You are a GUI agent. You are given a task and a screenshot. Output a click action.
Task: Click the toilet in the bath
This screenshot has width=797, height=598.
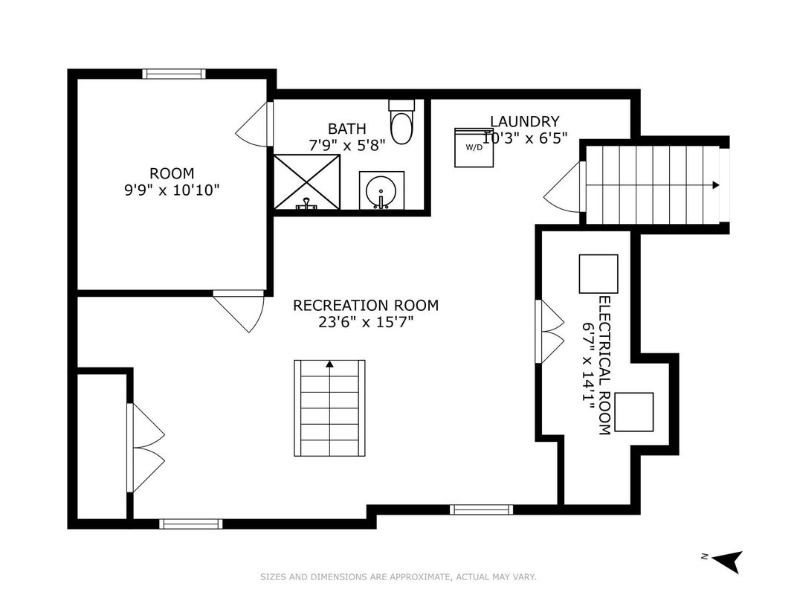(401, 125)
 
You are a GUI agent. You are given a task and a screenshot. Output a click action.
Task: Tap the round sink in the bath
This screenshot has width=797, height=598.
(381, 191)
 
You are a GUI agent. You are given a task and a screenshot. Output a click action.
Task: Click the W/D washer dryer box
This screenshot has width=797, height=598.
(474, 147)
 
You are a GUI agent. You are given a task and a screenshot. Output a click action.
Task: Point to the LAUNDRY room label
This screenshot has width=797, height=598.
(524, 121)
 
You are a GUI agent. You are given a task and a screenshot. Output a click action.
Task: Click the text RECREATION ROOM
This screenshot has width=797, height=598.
(365, 305)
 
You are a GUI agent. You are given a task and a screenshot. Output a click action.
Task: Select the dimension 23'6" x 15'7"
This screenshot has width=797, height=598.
(365, 322)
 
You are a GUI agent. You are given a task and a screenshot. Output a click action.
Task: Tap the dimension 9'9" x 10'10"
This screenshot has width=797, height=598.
(172, 190)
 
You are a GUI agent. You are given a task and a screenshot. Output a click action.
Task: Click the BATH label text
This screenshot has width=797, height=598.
(347, 129)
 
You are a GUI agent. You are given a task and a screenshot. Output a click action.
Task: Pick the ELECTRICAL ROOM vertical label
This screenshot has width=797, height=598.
(604, 365)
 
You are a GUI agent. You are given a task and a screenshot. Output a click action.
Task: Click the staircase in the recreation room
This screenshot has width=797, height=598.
(329, 408)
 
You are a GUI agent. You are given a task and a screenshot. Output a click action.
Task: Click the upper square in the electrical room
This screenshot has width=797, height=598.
(598, 274)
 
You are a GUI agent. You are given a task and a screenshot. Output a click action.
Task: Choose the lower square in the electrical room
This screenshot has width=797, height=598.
(633, 411)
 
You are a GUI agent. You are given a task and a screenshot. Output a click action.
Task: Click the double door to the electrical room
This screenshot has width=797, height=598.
(549, 330)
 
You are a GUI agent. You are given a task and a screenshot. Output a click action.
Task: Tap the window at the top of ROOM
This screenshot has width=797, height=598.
(174, 74)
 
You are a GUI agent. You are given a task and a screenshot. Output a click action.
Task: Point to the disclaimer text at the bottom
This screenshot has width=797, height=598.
(398, 576)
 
